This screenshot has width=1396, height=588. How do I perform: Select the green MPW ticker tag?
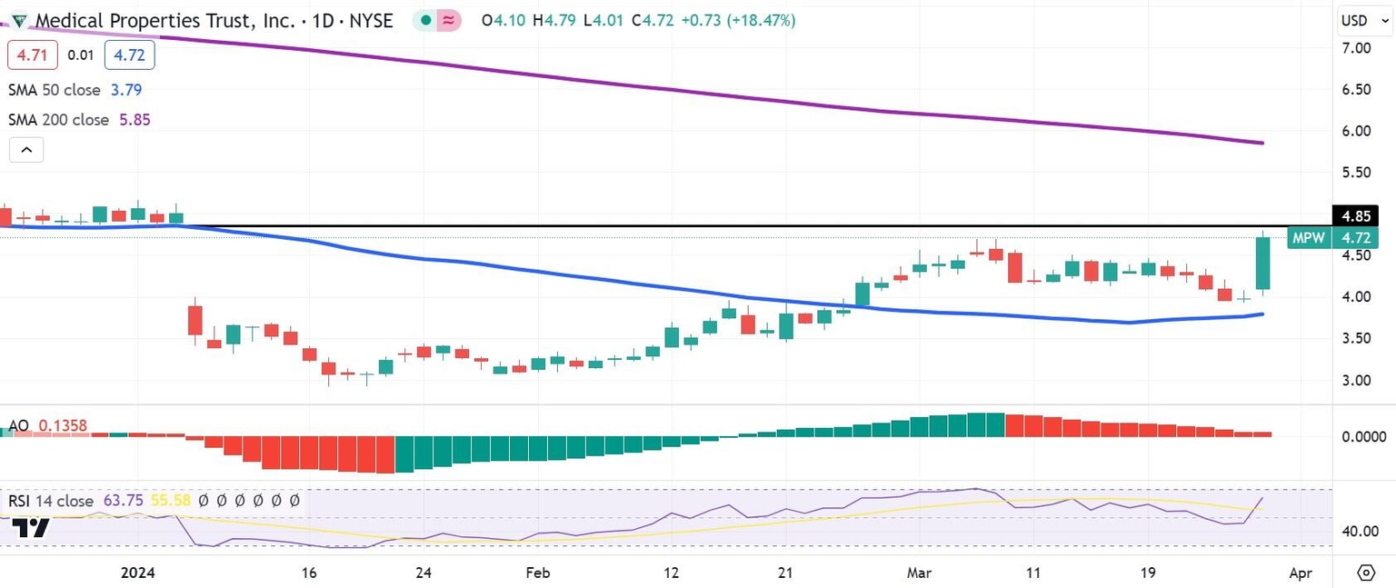point(1309,238)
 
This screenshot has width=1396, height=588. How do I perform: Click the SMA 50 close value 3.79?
point(126,90)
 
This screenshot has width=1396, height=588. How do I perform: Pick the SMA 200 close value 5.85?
point(135,120)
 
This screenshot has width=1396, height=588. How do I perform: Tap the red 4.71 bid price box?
point(33,55)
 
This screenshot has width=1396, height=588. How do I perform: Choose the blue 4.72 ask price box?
point(129,55)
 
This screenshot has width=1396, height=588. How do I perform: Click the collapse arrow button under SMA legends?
point(26,150)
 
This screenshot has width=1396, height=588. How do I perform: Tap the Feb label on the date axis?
point(538,573)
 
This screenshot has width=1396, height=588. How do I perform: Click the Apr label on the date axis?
point(1301,573)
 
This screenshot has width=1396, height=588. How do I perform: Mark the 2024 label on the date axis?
point(139,573)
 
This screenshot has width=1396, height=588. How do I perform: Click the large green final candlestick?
point(1263,264)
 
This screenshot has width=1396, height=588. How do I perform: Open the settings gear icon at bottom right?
point(1366,573)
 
